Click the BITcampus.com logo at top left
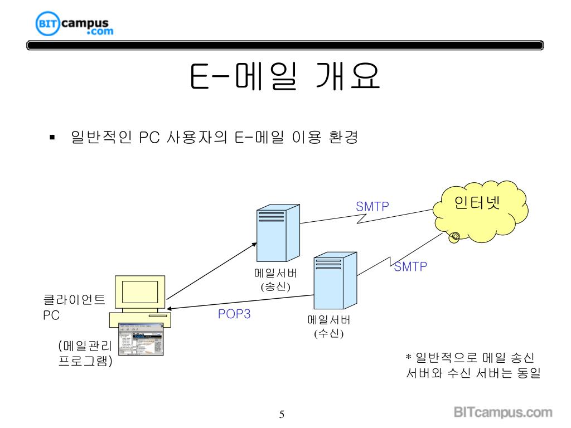click(x=74, y=25)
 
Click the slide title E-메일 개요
click(x=285, y=78)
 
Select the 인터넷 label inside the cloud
click(x=478, y=201)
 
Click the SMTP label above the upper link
click(x=372, y=207)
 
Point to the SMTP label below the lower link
click(x=410, y=267)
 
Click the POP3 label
click(x=234, y=314)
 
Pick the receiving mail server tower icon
click(x=335, y=280)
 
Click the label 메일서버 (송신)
click(x=275, y=280)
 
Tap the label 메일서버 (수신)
click(x=329, y=327)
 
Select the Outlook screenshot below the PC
click(x=142, y=344)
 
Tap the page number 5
click(x=282, y=414)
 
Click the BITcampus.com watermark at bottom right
click(x=503, y=413)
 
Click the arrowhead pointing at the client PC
click(x=169, y=310)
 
